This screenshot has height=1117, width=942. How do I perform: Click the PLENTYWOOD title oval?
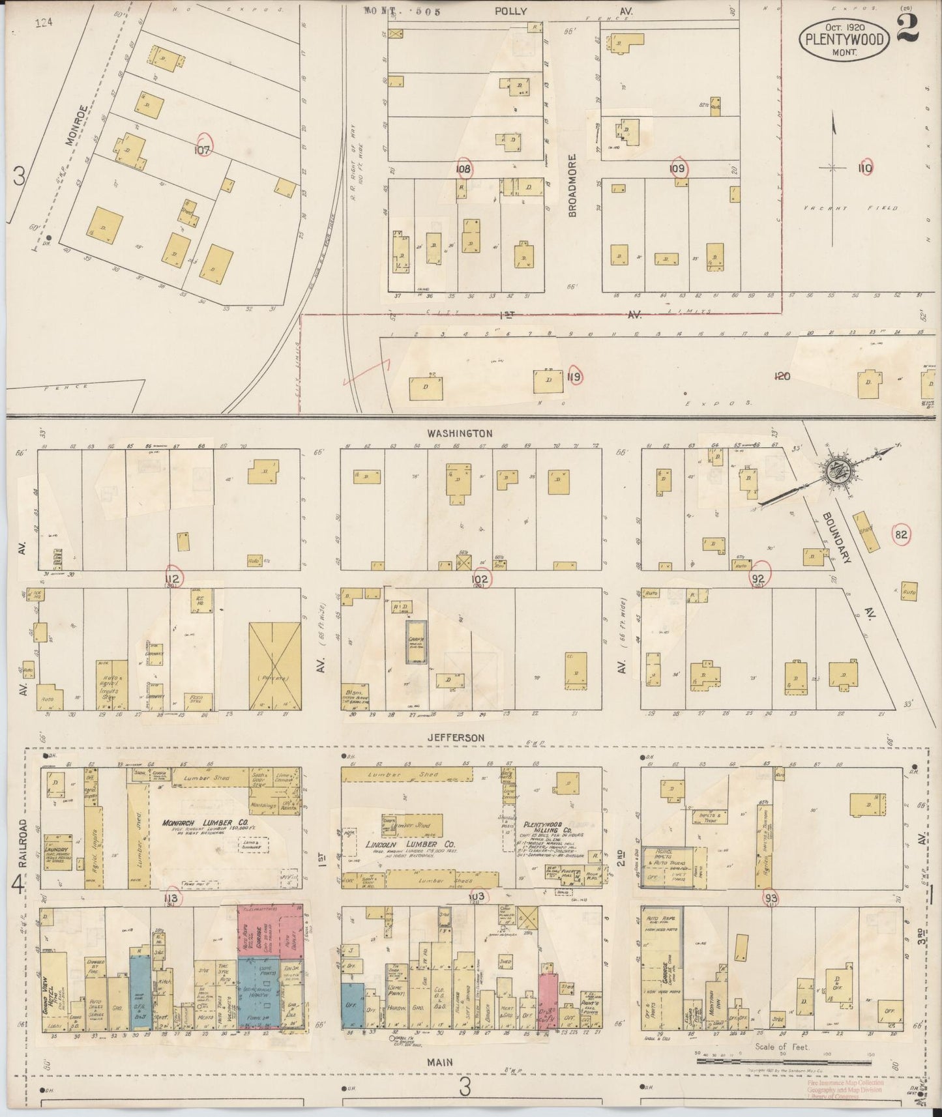[844, 38]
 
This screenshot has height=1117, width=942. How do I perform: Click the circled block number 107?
[204, 149]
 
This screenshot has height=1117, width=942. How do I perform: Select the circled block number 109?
[678, 169]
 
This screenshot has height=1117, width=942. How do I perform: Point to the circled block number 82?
[901, 535]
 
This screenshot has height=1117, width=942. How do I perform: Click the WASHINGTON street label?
[460, 433]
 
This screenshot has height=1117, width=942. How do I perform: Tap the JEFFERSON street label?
[456, 737]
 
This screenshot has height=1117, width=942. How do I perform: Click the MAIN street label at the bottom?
[440, 1062]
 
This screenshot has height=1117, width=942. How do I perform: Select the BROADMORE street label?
[573, 185]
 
